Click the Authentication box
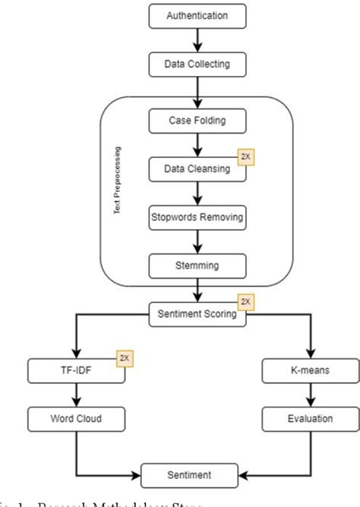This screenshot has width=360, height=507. click(197, 14)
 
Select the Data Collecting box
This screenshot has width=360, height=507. click(197, 65)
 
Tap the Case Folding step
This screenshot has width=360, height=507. click(197, 119)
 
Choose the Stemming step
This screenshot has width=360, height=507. click(197, 266)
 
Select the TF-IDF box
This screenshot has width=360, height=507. click(74, 370)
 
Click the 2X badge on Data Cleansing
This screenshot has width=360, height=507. click(243, 156)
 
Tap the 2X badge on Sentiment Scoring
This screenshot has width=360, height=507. click(243, 303)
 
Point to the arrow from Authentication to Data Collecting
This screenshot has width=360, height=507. click(197, 39)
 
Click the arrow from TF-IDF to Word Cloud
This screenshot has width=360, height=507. click(74, 394)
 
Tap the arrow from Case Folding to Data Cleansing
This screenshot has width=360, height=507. click(197, 143)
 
